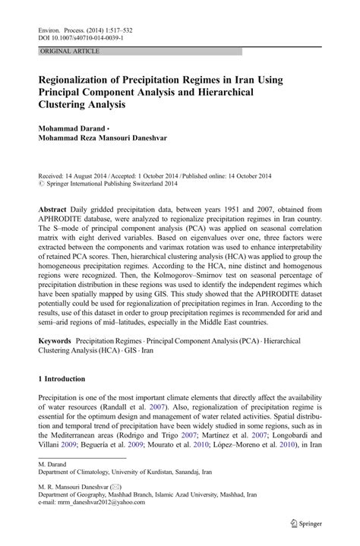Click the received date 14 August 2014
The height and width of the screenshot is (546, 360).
(x=90, y=175)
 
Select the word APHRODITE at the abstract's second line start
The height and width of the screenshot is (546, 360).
(x=68, y=220)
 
